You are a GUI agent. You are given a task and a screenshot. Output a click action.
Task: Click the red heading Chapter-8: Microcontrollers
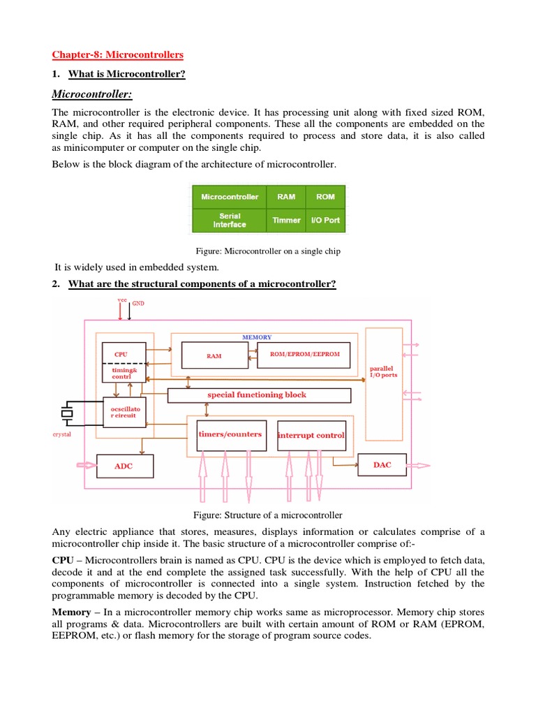(118, 54)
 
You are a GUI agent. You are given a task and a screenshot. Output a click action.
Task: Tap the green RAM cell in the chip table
(286, 197)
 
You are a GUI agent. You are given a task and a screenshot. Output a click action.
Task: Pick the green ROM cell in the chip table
(325, 197)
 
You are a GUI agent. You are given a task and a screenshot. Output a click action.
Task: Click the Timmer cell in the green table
(286, 220)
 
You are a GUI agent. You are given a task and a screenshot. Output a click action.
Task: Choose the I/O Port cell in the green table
(325, 220)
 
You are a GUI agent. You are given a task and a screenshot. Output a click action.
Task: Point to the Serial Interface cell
(230, 221)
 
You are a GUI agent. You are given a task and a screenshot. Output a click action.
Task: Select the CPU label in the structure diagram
(121, 354)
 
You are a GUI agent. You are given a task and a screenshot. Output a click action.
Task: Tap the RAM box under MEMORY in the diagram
(214, 355)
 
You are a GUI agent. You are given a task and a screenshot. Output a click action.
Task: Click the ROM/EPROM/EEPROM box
(304, 355)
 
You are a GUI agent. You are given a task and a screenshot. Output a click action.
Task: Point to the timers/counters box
(230, 434)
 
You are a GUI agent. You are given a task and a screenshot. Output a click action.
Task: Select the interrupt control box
(311, 435)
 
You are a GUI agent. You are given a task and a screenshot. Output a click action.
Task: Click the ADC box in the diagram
(123, 466)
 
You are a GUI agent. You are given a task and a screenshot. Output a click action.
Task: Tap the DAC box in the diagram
(382, 464)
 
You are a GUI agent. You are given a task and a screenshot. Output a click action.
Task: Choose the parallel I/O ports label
(383, 371)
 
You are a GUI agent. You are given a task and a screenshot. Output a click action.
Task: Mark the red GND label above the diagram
(138, 304)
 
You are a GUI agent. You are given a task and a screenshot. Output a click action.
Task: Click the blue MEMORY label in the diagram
(257, 337)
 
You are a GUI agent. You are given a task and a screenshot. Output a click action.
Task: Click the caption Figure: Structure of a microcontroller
(268, 515)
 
